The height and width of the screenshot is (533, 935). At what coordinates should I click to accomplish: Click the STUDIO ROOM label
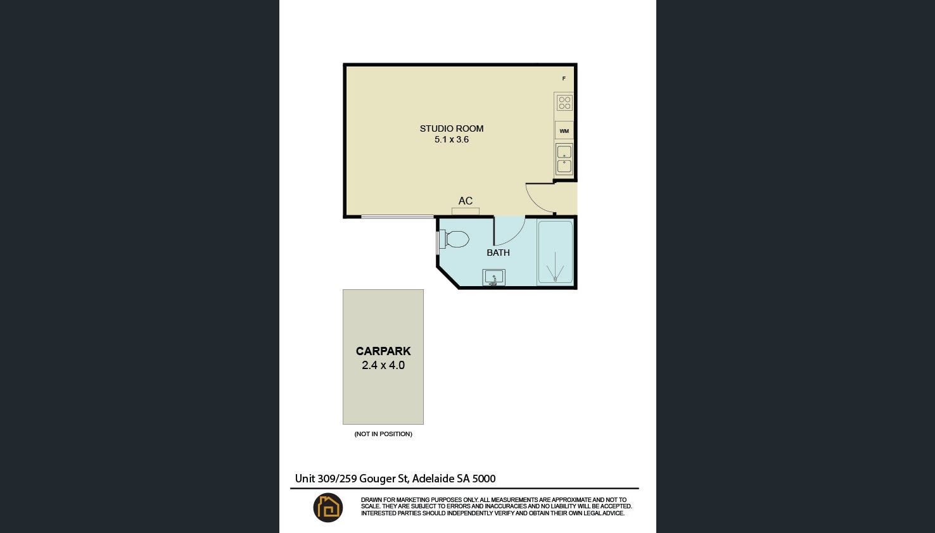[x=452, y=129]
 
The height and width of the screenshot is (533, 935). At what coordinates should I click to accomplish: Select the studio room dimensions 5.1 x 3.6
[x=452, y=139]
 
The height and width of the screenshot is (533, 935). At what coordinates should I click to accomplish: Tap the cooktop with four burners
[x=564, y=103]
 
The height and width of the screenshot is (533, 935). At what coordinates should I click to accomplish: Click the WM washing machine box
[x=564, y=130]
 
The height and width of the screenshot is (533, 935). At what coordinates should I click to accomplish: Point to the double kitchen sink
[x=564, y=159]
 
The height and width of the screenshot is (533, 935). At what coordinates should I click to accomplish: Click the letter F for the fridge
[x=564, y=78]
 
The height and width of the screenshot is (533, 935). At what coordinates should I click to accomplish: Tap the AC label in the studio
[x=466, y=201]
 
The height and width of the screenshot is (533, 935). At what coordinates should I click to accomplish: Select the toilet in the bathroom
[x=454, y=239]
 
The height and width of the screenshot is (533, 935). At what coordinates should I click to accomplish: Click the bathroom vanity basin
[x=494, y=278]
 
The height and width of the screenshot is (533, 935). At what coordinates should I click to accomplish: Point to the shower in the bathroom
[x=555, y=253]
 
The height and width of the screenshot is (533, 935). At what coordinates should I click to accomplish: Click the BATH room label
[x=498, y=253]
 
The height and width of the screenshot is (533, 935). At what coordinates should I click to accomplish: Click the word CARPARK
[x=383, y=351]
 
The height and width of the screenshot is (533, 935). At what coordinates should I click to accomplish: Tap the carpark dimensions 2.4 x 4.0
[x=383, y=365]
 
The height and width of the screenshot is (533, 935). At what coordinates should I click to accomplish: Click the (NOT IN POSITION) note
[x=383, y=434]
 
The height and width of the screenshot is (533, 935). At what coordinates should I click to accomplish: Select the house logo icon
[x=328, y=508]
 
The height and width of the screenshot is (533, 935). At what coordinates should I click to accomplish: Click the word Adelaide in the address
[x=433, y=479]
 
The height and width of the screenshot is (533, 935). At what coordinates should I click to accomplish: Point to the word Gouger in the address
[x=378, y=479]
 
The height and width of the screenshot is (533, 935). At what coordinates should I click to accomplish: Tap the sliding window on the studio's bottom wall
[x=397, y=216]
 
